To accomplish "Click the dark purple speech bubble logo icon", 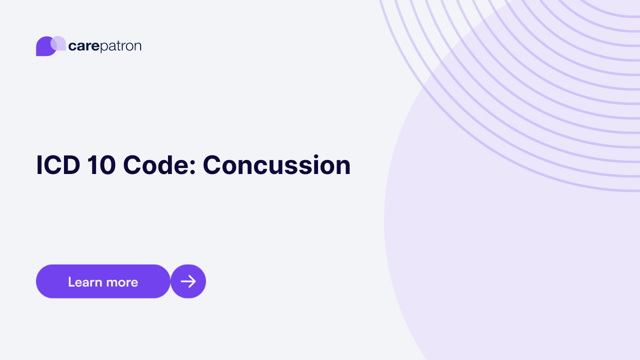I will click(44, 47).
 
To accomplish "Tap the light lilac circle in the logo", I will click(58, 43).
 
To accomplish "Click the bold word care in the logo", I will click(84, 46).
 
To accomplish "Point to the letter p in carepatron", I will click(104, 47).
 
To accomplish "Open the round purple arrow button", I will click(188, 281).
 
